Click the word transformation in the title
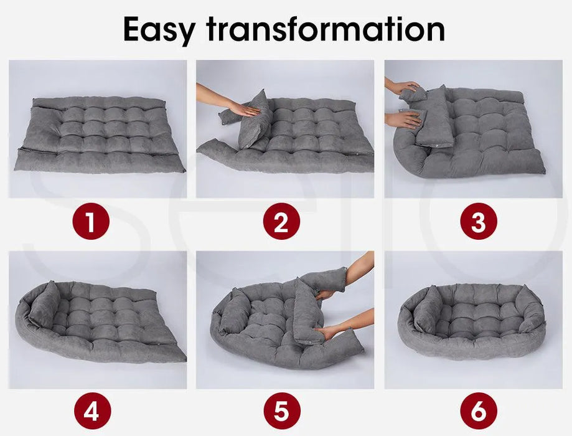[x=326, y=29]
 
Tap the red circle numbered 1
[x=91, y=221]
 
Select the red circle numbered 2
[x=281, y=221]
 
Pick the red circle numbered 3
[x=478, y=221]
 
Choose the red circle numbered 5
[x=281, y=411]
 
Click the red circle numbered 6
[x=478, y=411]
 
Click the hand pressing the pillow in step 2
[x=246, y=110]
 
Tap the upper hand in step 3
[x=408, y=88]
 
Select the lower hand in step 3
[x=407, y=120]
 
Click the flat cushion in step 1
[x=98, y=134]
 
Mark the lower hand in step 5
[x=327, y=333]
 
